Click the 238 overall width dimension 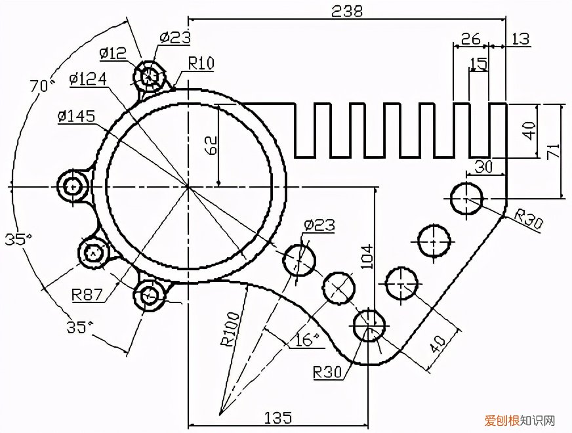pyautogui.click(x=348, y=11)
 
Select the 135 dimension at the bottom pyautogui.click(x=277, y=417)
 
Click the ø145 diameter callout pyautogui.click(x=76, y=116)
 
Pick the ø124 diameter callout pyautogui.click(x=88, y=79)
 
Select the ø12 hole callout pyautogui.click(x=113, y=53)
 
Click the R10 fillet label pyautogui.click(x=201, y=63)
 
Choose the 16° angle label pyautogui.click(x=306, y=339)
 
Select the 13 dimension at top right pyautogui.click(x=520, y=39)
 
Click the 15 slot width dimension pyautogui.click(x=479, y=64)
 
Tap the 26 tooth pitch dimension pyautogui.click(x=470, y=39)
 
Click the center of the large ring pyautogui.click(x=188, y=187)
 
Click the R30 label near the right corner pyautogui.click(x=528, y=220)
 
